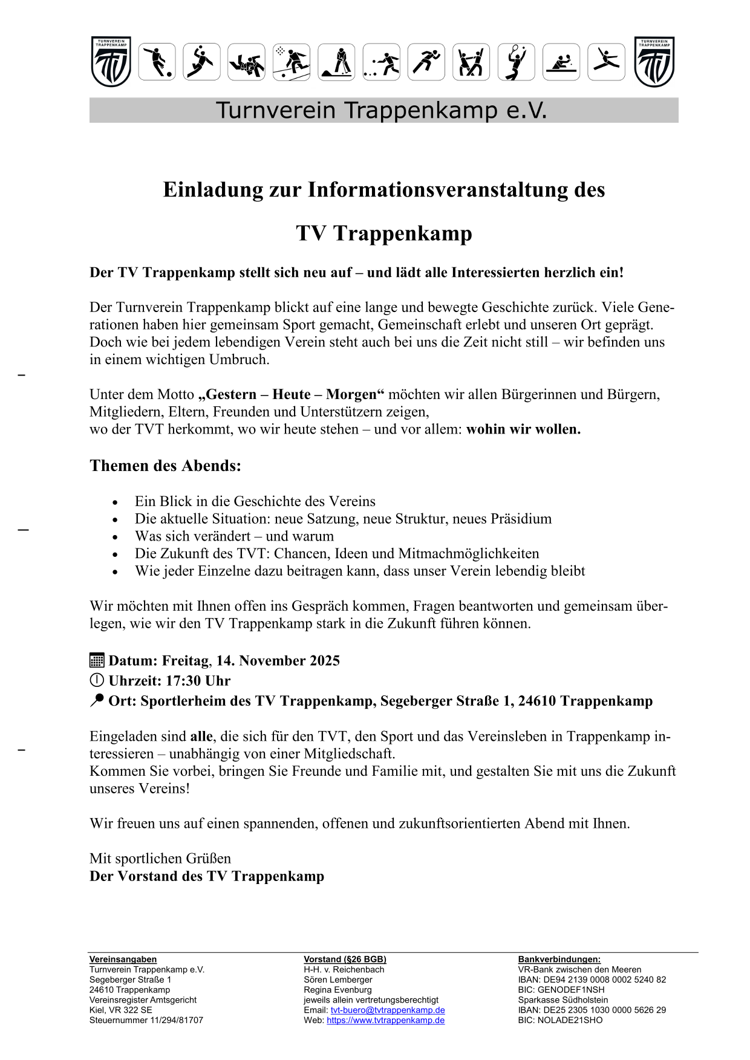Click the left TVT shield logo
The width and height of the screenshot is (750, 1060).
(x=111, y=62)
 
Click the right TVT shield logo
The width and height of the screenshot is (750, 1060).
(x=654, y=62)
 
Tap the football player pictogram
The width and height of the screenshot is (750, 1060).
(x=157, y=62)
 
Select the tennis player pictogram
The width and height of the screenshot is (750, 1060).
(x=516, y=62)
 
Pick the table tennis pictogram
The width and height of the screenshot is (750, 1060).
(x=561, y=62)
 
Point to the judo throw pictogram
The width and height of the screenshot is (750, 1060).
(x=247, y=62)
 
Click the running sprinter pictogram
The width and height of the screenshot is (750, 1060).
(x=426, y=62)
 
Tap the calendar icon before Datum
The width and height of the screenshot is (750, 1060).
(x=97, y=660)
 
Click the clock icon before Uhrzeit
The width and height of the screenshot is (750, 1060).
(x=97, y=680)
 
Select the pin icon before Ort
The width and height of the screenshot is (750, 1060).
(x=97, y=700)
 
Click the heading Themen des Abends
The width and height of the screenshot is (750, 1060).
(x=165, y=466)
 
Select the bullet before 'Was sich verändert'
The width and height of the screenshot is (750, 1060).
(x=115, y=537)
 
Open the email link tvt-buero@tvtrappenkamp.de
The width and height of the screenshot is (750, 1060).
(x=388, y=1010)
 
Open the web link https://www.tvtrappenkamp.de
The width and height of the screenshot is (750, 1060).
(x=385, y=1021)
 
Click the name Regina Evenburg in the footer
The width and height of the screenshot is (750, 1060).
(x=337, y=990)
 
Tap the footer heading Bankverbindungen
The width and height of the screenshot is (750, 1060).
(x=559, y=960)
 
